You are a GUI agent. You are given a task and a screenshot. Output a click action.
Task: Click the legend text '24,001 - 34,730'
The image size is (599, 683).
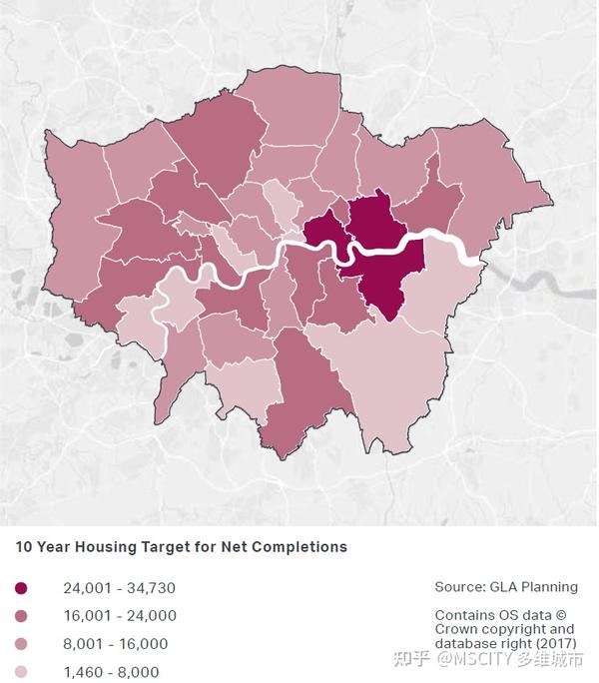(x=119, y=588)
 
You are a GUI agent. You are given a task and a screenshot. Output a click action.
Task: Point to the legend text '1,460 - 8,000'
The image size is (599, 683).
(x=111, y=672)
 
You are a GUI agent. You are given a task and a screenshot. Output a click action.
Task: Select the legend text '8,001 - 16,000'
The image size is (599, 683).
(x=115, y=644)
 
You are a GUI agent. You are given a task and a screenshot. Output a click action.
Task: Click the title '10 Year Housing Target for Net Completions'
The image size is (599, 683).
(x=181, y=547)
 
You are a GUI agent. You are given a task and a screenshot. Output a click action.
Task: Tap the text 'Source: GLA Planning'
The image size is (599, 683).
(x=505, y=587)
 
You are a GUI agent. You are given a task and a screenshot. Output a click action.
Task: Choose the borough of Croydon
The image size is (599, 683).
(x=304, y=394)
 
